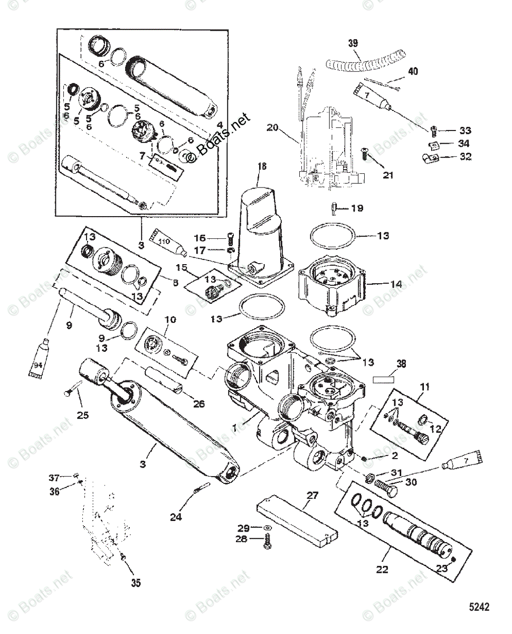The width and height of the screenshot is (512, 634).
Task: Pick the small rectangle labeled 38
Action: pyautogui.click(x=384, y=379)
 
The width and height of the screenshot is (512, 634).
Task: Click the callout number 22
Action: pyautogui.click(x=382, y=570)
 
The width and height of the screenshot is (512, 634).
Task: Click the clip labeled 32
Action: pyautogui.click(x=429, y=157)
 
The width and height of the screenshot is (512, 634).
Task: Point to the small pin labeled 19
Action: pyautogui.click(x=336, y=208)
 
